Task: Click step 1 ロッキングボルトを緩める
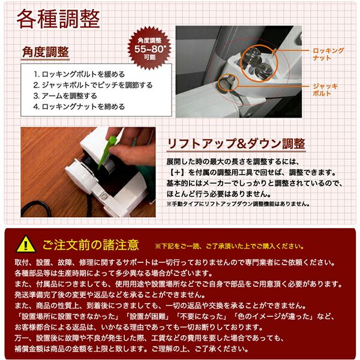tap(79, 74)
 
